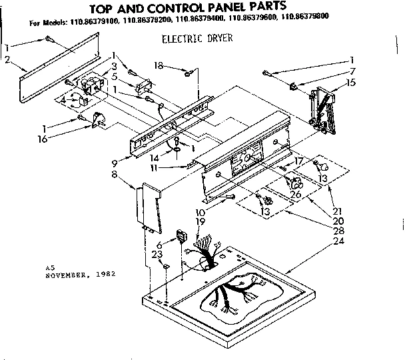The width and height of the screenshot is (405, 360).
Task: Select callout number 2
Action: click(7, 60)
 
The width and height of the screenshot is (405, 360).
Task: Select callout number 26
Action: click(296, 194)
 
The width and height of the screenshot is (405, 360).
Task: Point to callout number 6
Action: click(158, 245)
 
